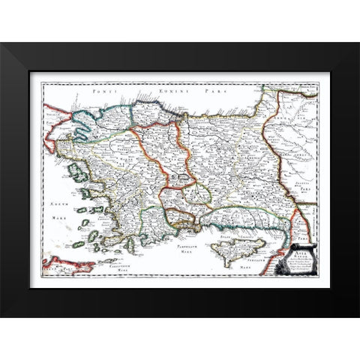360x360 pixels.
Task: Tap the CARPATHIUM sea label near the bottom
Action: point(121,255)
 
